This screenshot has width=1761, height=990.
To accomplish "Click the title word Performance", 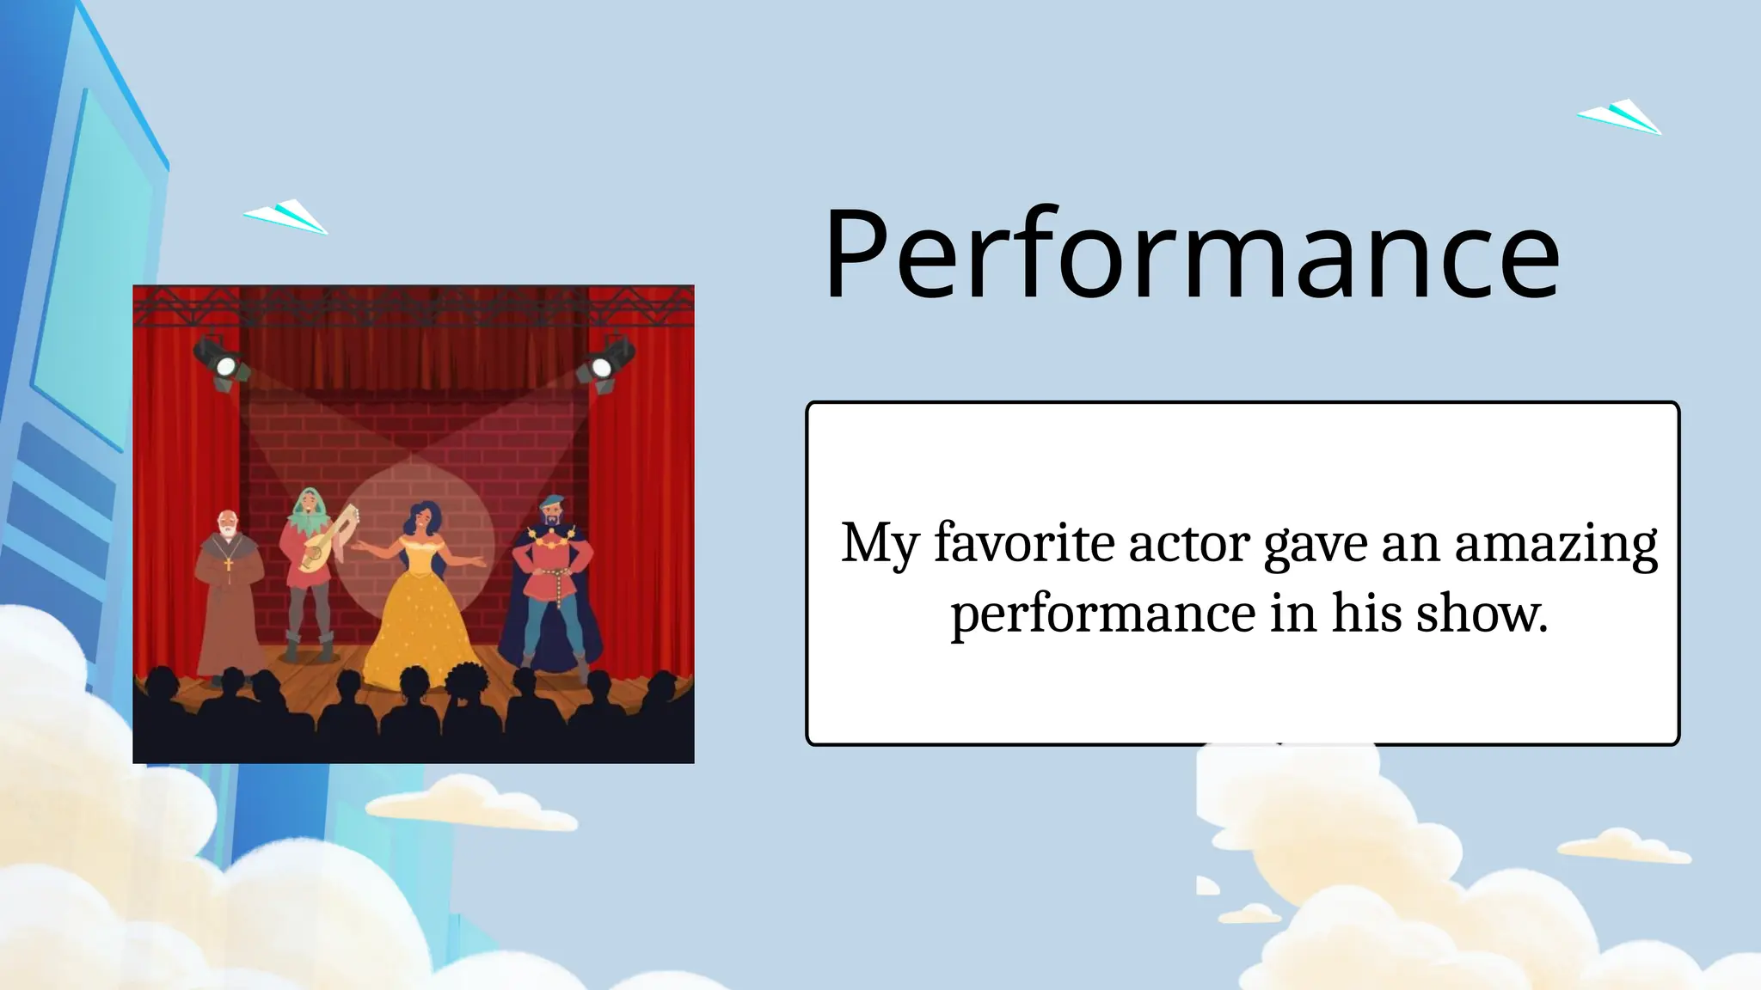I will click(1191, 255).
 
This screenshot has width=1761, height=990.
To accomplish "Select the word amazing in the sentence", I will click(1555, 545).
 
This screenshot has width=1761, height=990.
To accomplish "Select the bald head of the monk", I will click(226, 521).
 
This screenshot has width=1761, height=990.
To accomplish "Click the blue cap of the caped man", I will click(550, 501).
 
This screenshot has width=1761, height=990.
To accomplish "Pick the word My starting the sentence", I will click(879, 545).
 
